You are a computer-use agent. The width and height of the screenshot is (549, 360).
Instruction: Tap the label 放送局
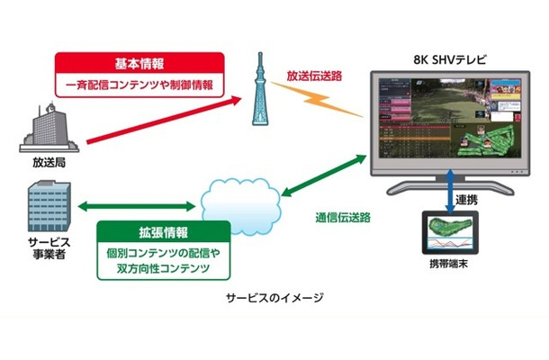43,164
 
